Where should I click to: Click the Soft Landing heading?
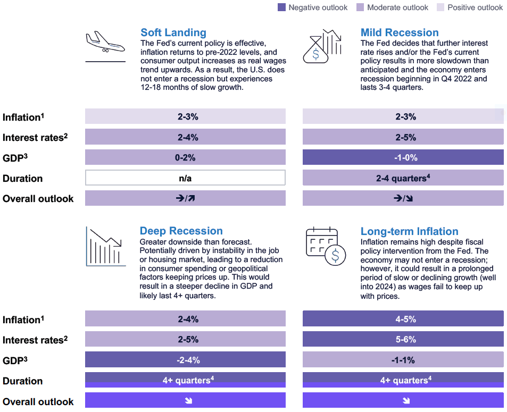pos(173,33)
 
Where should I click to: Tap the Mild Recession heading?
pos(399,33)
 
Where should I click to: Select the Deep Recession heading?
pos(181,231)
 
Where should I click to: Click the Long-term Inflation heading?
pos(409,231)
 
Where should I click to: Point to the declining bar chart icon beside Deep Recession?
pos(105,246)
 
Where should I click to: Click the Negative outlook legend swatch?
pos(281,7)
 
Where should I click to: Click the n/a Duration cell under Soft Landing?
pos(185,178)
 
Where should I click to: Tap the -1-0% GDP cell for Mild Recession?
pos(403,157)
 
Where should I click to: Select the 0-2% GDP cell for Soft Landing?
pos(185,157)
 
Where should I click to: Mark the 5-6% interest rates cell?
pos(403,339)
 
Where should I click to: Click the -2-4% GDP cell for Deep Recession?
pos(185,360)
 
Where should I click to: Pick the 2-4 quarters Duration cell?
pos(403,178)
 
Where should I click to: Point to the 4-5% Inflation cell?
pos(403,319)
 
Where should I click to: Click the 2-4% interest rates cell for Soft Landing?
pos(185,137)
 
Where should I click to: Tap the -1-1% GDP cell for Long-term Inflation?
pos(403,360)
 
